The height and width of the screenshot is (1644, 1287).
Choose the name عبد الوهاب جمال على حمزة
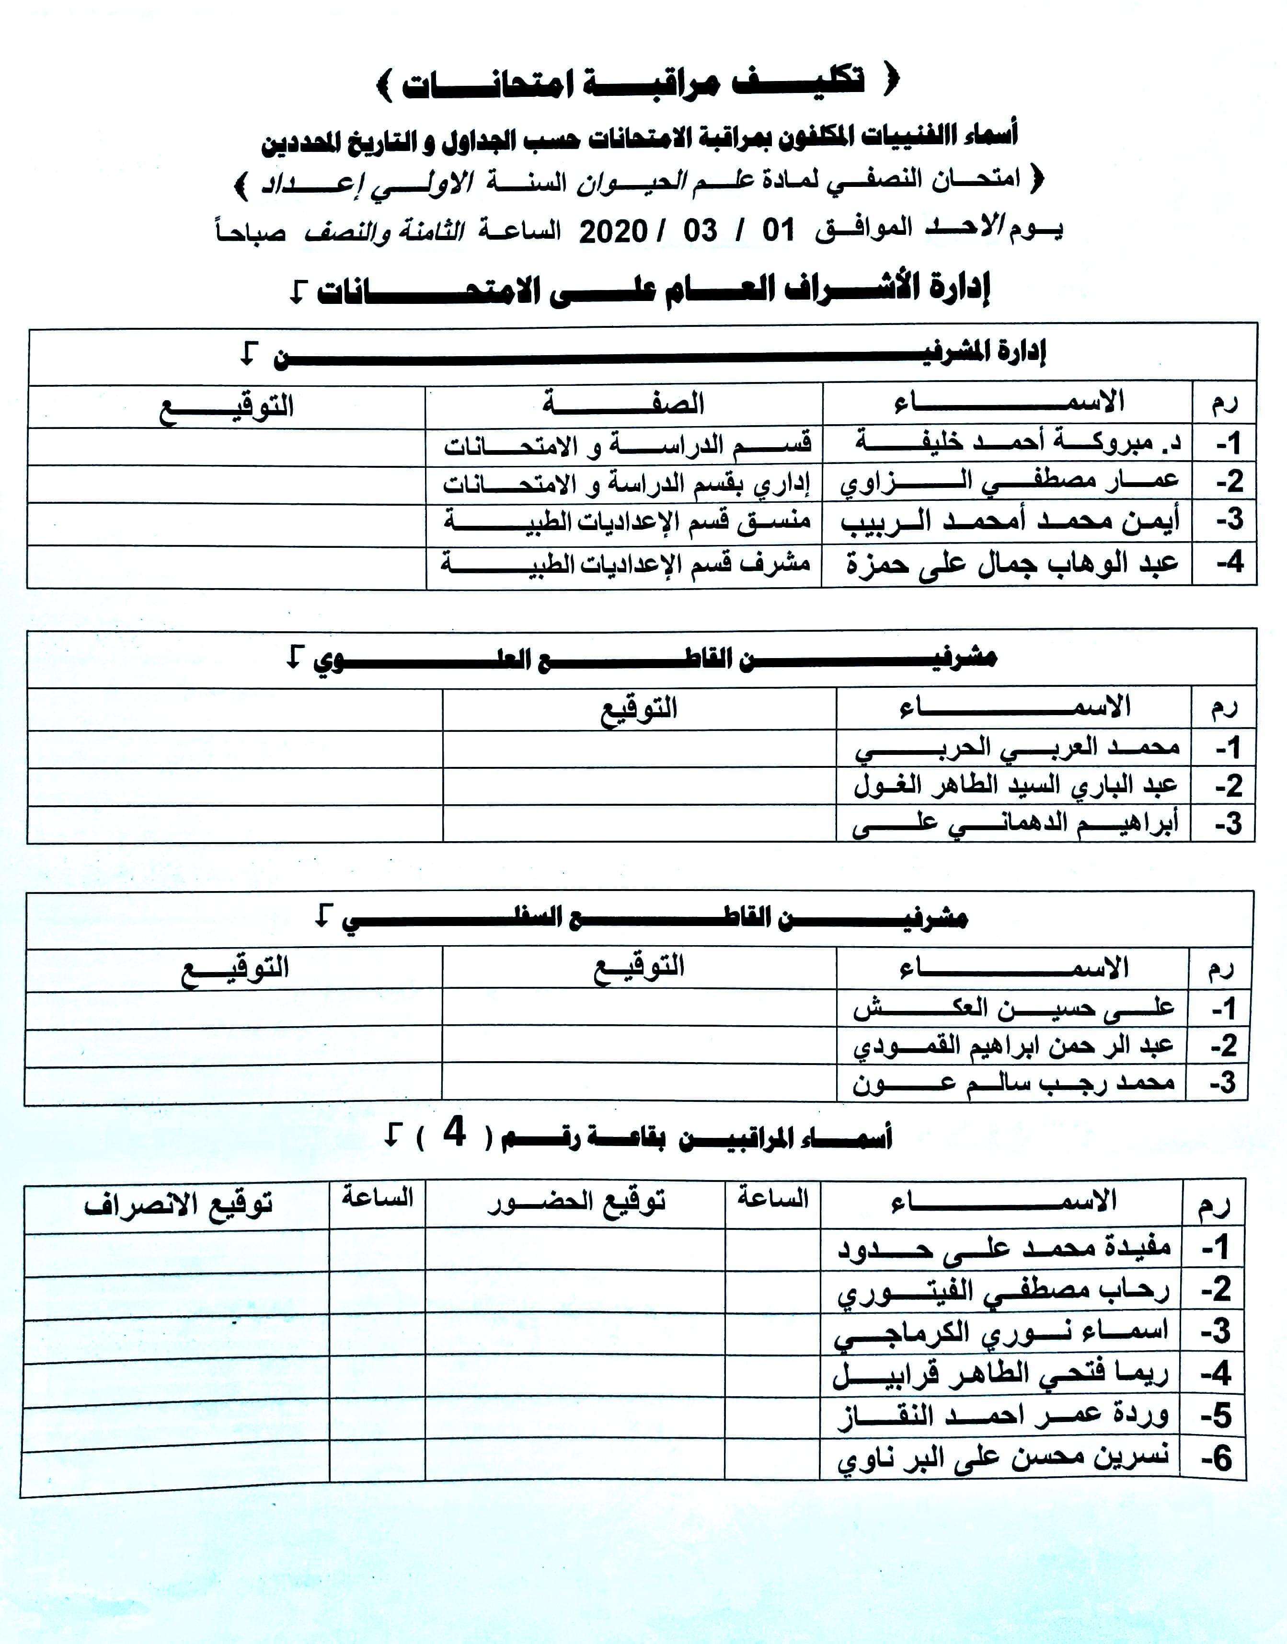pyautogui.click(x=1011, y=564)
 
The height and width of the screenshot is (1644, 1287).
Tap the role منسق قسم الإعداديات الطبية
pyautogui.click(x=627, y=521)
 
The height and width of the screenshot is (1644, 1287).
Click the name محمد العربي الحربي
pyautogui.click(x=1017, y=748)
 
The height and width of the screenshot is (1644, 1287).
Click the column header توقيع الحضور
pyautogui.click(x=576, y=1202)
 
